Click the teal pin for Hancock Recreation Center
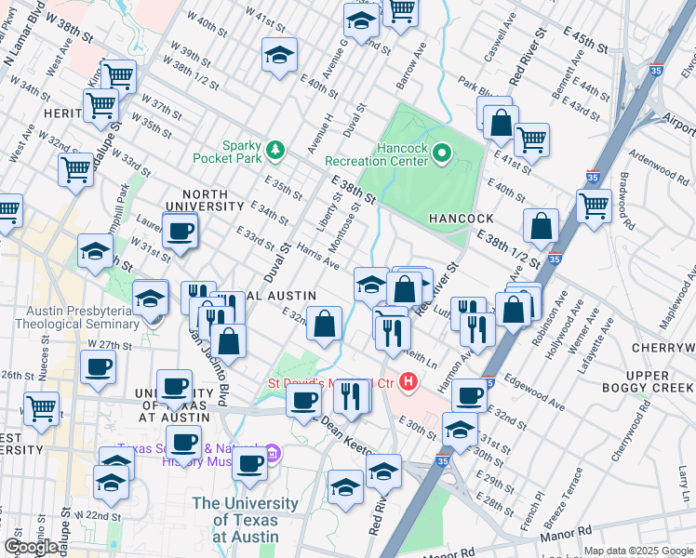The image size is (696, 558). [442, 153]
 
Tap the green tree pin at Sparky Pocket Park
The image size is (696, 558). [274, 149]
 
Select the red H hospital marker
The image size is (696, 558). [408, 381]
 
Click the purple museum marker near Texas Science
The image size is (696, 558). [273, 454]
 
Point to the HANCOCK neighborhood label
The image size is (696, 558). [461, 218]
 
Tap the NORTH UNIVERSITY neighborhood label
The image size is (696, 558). [197, 198]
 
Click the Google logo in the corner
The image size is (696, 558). [31, 547]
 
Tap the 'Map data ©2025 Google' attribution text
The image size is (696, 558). [637, 551]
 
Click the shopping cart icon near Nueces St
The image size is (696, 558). [41, 407]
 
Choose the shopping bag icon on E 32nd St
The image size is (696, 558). [324, 324]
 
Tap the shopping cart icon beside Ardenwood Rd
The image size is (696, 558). [593, 205]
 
